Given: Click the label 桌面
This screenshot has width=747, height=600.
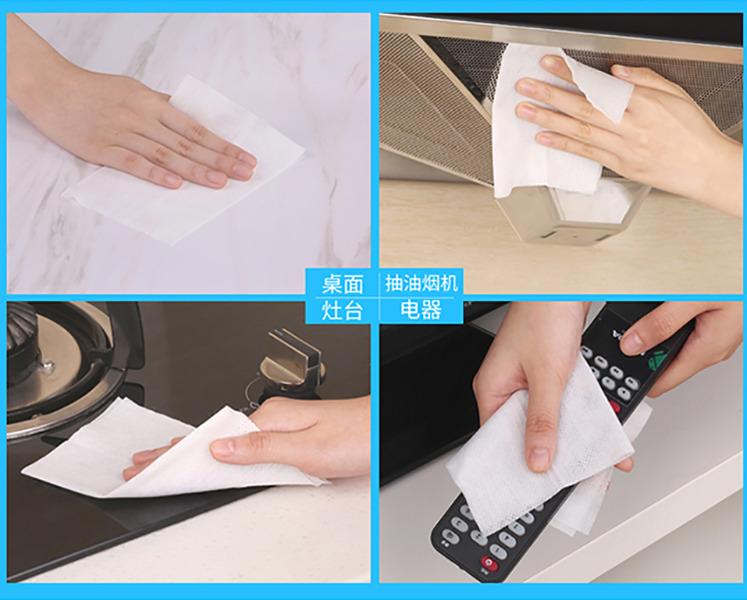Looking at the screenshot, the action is point(342,284).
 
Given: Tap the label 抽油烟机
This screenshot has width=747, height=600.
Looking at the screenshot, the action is point(421,283).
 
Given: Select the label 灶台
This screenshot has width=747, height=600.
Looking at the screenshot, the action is point(342,310).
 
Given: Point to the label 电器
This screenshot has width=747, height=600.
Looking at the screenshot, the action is point(421,310).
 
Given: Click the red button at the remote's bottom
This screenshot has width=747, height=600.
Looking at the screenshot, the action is point(488,563).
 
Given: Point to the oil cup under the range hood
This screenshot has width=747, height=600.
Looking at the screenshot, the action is point(572,214).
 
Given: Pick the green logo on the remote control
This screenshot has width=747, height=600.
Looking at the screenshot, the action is point(657,360).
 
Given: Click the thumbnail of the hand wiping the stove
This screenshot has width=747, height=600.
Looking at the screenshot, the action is point(188,442).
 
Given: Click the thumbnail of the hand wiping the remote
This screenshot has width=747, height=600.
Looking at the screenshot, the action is point(561,442).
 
